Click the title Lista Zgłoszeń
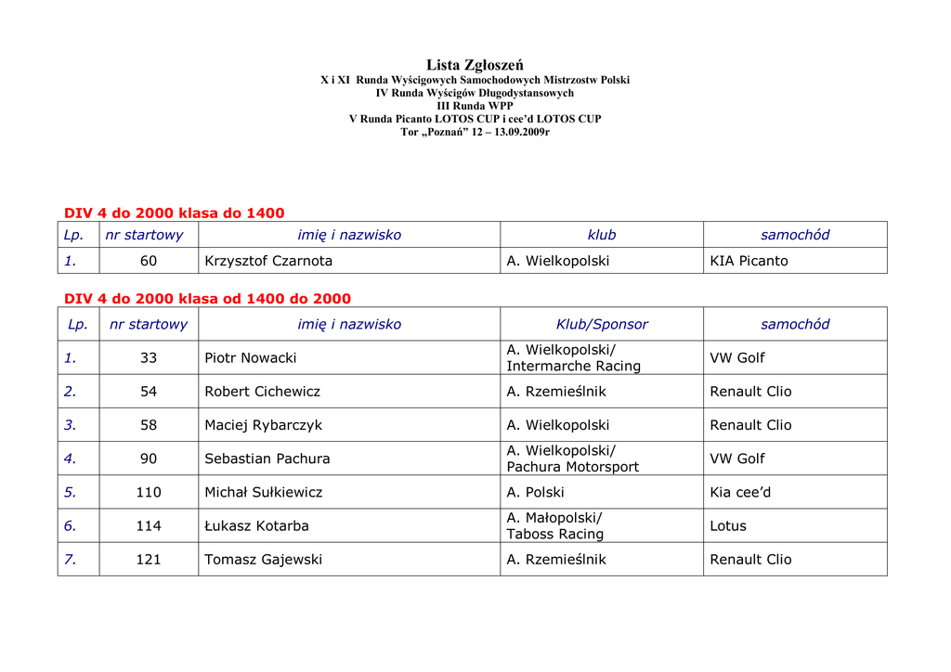tap(475, 65)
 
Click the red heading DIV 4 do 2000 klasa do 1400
tap(174, 213)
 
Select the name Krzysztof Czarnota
tap(268, 261)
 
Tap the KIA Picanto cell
tap(749, 261)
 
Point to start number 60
tap(149, 261)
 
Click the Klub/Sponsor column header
tap(602, 324)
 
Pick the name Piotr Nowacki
tap(251, 357)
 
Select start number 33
tap(149, 357)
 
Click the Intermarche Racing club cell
tap(573, 358)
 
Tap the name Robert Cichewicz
tap(262, 392)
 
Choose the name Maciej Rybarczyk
tap(264, 425)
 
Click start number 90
tap(149, 459)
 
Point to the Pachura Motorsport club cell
tap(572, 459)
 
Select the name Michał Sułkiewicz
tap(264, 492)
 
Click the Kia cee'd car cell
tap(740, 492)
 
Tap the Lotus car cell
tap(728, 525)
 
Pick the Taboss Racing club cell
tap(555, 526)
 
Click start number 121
tap(149, 559)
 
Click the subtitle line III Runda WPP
tap(475, 106)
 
